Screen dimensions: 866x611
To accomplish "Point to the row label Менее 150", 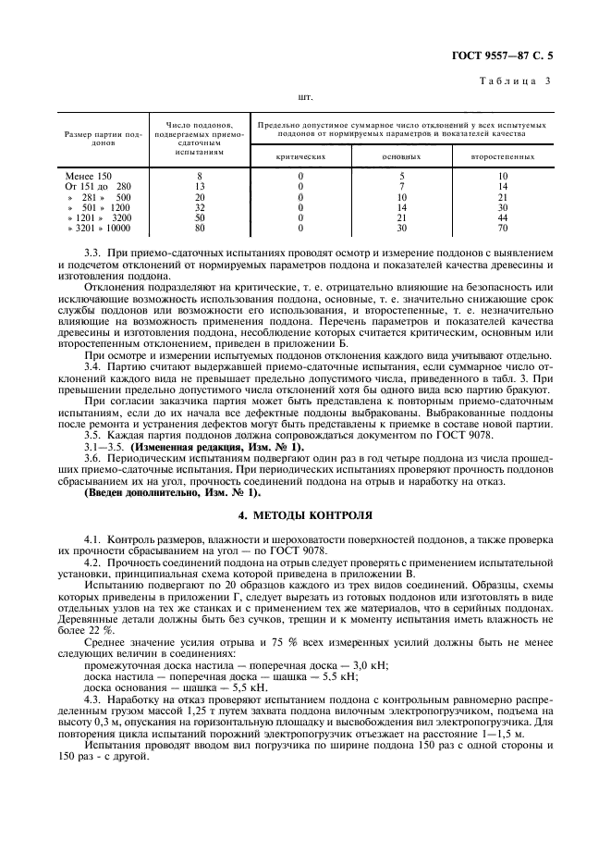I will (89, 176).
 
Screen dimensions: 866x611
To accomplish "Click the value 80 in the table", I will (200, 228).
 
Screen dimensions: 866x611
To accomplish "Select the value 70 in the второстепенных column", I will (503, 228).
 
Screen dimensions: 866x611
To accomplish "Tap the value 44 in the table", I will (503, 217).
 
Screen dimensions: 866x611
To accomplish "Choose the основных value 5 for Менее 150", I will (401, 176).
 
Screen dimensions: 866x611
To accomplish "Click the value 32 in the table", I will (200, 207).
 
